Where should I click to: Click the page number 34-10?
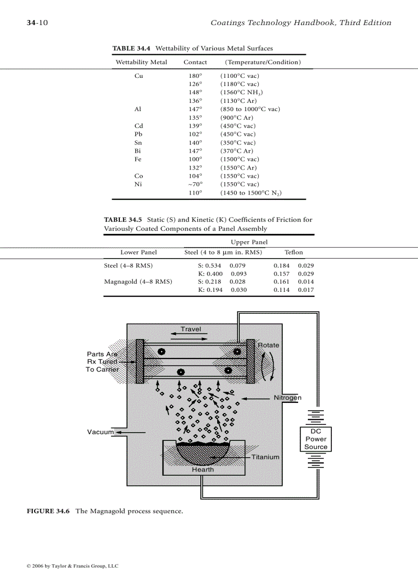click(x=37, y=23)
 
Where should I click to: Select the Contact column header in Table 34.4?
click(x=195, y=62)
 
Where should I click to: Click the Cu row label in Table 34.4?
click(x=138, y=76)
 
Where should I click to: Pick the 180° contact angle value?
click(x=195, y=76)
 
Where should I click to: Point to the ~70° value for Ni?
click(x=195, y=184)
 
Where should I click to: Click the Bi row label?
click(x=138, y=151)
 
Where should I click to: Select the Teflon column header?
click(x=294, y=252)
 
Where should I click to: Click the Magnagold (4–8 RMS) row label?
click(x=138, y=282)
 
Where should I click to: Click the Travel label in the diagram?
click(x=191, y=329)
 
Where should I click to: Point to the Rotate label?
click(x=268, y=345)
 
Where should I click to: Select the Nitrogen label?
click(x=287, y=398)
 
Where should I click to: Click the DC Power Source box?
click(x=316, y=439)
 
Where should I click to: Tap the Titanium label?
click(x=265, y=457)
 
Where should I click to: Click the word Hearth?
click(x=203, y=469)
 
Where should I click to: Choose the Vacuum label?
click(x=100, y=432)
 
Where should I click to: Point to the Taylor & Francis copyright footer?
click(x=72, y=566)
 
